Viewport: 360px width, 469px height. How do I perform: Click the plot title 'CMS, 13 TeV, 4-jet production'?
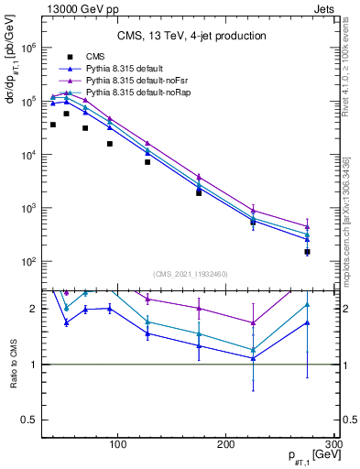[x=191, y=36]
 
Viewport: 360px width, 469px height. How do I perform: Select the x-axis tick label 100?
[x=117, y=445]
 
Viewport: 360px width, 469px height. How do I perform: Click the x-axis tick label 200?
[x=226, y=445]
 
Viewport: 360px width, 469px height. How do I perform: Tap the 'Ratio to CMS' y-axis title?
[x=13, y=364]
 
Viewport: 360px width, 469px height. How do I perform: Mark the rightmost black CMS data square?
[x=308, y=251]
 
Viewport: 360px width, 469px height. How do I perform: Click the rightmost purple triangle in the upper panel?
[x=308, y=226]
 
